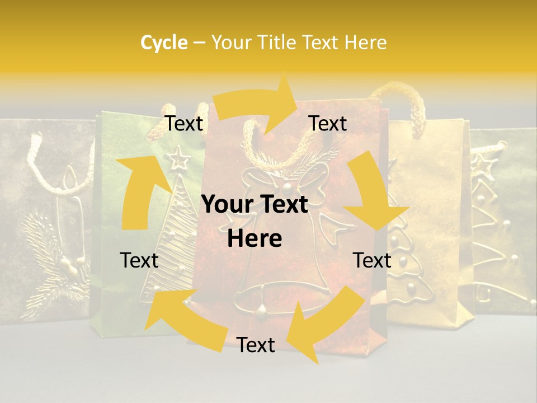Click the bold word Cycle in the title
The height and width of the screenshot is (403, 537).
tap(164, 43)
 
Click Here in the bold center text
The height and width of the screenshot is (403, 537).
tap(255, 239)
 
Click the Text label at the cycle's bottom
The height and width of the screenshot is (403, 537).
tap(256, 345)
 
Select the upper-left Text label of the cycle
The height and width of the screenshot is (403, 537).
tap(183, 124)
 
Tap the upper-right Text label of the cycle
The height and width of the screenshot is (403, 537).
tap(328, 124)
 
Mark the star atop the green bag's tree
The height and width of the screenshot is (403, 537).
tap(180, 158)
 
